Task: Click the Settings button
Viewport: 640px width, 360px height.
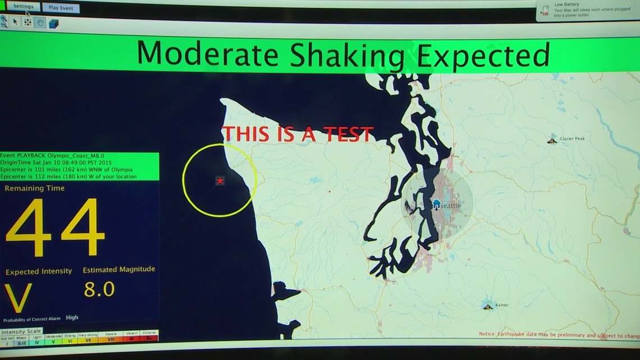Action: (23, 7)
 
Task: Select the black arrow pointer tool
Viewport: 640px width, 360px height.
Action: (15, 22)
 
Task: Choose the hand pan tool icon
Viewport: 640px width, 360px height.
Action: (40, 22)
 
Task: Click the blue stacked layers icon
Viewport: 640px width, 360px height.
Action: (54, 23)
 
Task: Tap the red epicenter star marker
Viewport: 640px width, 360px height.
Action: (220, 181)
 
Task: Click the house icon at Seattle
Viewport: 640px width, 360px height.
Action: (436, 204)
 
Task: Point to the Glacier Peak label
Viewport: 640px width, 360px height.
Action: (572, 139)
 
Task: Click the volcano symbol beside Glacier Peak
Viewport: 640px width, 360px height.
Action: (552, 139)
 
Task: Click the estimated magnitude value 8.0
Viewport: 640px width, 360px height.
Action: (99, 289)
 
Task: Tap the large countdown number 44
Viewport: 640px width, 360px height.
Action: (55, 227)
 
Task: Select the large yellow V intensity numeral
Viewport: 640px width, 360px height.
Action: (19, 298)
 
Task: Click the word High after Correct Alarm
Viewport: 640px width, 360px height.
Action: (72, 317)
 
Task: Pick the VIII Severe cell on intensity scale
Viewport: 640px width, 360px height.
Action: (111, 339)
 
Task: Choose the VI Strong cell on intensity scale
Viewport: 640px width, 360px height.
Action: (70, 339)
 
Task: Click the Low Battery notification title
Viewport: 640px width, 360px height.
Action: (566, 4)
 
